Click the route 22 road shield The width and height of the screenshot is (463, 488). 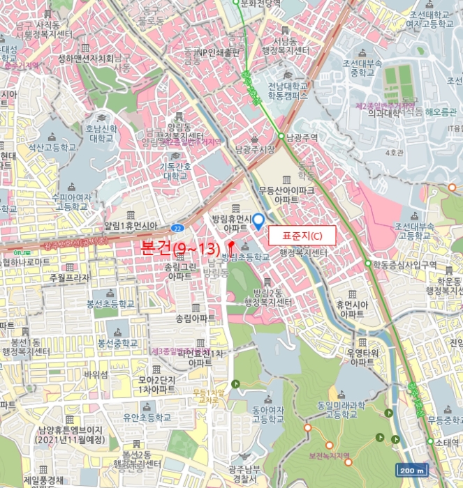[x=178, y=227]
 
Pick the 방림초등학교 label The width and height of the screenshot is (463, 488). [x=245, y=257]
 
